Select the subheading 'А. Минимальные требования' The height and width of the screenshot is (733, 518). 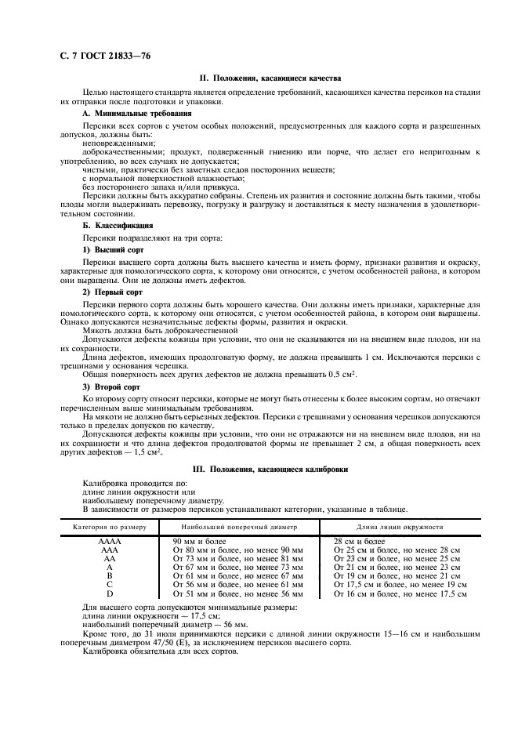pos(131,114)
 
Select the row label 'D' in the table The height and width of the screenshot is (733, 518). pos(109,593)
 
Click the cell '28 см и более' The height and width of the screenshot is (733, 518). pos(359,542)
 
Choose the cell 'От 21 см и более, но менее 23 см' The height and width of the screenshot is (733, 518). pos(396,567)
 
